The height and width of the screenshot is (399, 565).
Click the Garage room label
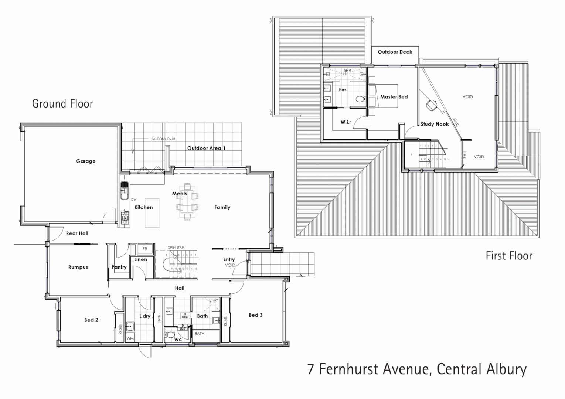86,161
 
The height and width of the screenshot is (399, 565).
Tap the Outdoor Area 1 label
206,148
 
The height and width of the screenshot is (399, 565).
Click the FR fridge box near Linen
145,249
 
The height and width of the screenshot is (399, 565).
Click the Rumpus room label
78,267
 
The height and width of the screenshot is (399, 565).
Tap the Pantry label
119,267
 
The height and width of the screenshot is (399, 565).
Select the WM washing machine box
130,338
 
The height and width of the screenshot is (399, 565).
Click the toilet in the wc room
170,335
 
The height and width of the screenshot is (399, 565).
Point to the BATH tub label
200,334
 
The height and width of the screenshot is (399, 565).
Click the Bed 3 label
256,315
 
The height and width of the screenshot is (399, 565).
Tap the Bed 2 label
91,320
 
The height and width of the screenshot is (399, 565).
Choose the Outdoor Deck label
395,52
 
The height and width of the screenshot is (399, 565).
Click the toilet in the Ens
360,99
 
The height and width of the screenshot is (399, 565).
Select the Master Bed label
394,97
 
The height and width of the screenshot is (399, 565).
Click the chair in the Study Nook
431,105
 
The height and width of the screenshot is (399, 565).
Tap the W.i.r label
346,122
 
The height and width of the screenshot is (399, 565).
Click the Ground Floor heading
62,104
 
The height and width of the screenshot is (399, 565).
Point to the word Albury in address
504,369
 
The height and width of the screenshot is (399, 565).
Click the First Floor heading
509,256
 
